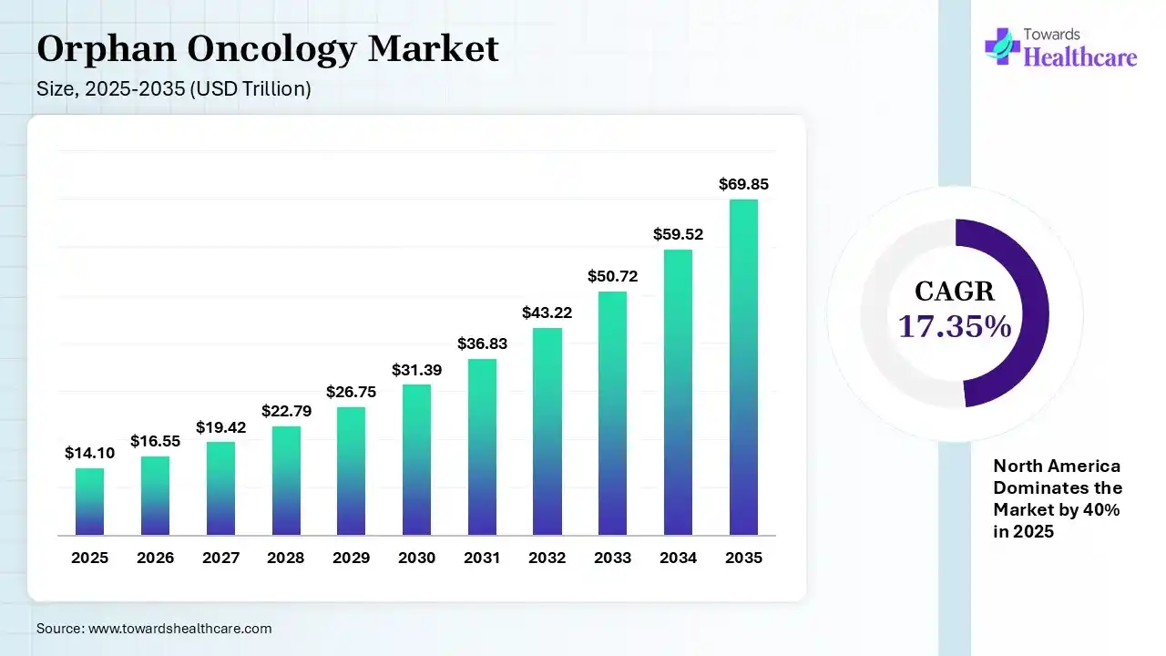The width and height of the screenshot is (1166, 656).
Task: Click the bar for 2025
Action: click(x=89, y=501)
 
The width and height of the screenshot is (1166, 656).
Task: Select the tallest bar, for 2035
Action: click(x=743, y=366)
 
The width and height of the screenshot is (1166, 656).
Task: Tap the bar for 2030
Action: click(x=416, y=459)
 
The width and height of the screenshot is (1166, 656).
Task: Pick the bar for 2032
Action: click(x=547, y=431)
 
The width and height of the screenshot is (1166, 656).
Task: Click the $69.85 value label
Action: click(x=743, y=184)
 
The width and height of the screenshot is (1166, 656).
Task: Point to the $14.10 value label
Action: click(x=89, y=453)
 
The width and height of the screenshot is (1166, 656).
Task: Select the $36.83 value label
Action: click(x=482, y=343)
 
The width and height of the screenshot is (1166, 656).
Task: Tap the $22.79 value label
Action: click(x=286, y=411)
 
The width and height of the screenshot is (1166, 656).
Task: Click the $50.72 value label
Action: click(x=612, y=276)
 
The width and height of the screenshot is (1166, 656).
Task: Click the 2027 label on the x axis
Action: click(x=220, y=558)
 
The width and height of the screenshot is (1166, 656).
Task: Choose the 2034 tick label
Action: click(x=678, y=558)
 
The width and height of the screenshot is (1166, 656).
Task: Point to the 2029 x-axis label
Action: click(x=351, y=558)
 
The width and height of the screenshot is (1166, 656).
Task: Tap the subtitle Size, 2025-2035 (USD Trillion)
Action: click(x=174, y=89)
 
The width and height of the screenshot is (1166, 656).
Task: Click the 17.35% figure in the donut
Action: click(x=955, y=326)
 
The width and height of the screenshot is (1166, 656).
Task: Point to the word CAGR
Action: click(x=955, y=292)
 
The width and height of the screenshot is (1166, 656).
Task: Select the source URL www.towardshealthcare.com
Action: click(x=179, y=629)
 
